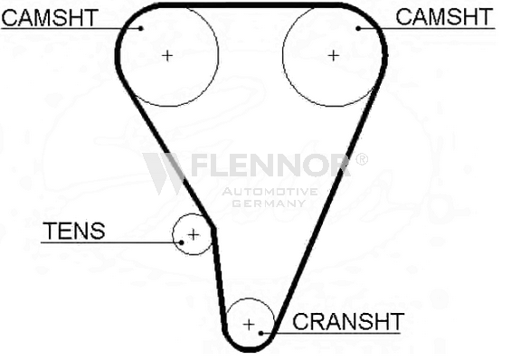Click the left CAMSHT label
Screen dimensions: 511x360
pyautogui.click(x=50, y=17)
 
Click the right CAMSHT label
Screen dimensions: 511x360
pyautogui.click(x=444, y=17)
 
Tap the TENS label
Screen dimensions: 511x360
pyautogui.click(x=74, y=231)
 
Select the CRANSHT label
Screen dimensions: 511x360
pyautogui.click(x=348, y=321)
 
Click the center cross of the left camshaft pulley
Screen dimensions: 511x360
pyautogui.click(x=167, y=56)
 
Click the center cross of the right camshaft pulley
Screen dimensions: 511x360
pyautogui.click(x=333, y=56)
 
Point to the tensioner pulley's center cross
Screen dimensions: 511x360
pyautogui.click(x=194, y=234)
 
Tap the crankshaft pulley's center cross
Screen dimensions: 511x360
pyautogui.click(x=249, y=325)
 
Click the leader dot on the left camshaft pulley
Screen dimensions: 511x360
pyautogui.click(x=141, y=29)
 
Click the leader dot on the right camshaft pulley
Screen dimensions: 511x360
pyautogui.click(x=358, y=29)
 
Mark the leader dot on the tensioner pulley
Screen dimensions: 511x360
pyautogui.click(x=182, y=242)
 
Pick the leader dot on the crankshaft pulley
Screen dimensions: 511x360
pyautogui.click(x=260, y=333)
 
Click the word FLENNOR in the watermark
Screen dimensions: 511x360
pyautogui.click(x=270, y=165)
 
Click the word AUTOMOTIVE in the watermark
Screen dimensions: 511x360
pyautogui.click(x=270, y=192)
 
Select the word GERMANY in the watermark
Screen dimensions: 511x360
pyautogui.click(x=269, y=204)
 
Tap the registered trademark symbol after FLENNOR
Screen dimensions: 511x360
pyautogui.click(x=361, y=159)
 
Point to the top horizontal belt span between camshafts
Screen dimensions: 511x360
pyautogui.click(x=251, y=5)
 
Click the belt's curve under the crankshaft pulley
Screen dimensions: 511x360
pyautogui.click(x=250, y=349)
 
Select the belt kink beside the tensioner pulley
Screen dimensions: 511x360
pyautogui.click(x=213, y=229)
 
